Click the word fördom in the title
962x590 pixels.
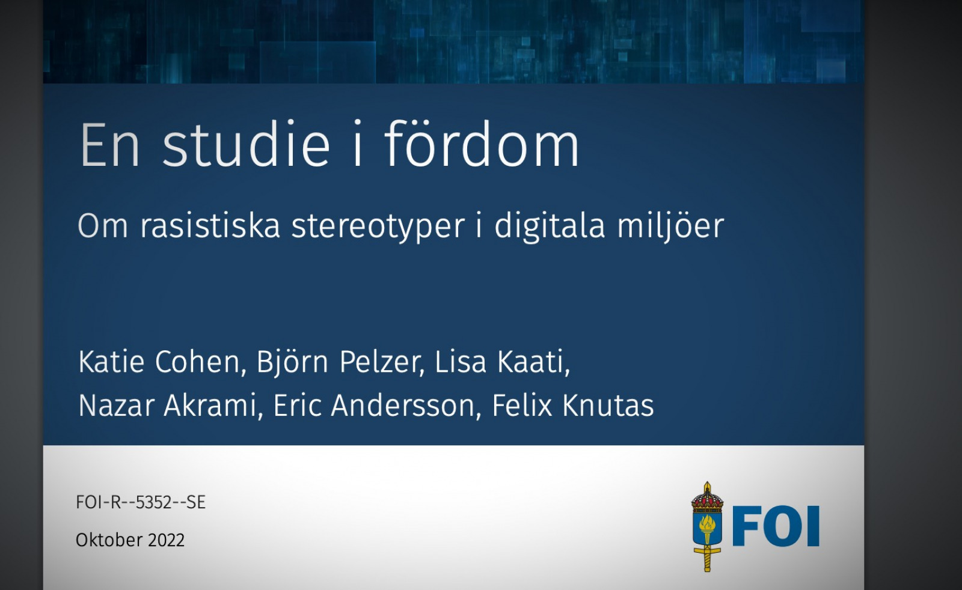coord(482,144)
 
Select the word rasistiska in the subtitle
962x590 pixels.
coord(210,225)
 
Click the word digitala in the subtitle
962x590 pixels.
coord(550,227)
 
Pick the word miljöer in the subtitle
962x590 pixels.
coord(671,227)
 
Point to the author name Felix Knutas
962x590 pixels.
coord(573,405)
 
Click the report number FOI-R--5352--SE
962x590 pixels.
coord(141,502)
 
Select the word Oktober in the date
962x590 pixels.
coord(109,540)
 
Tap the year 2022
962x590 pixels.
coord(166,540)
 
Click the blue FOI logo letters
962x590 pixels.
coord(776,526)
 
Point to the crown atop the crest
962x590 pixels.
coord(707,497)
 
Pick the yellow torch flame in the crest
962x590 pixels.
coord(707,523)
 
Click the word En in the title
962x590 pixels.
coord(109,145)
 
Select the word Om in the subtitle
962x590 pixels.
coord(103,226)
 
